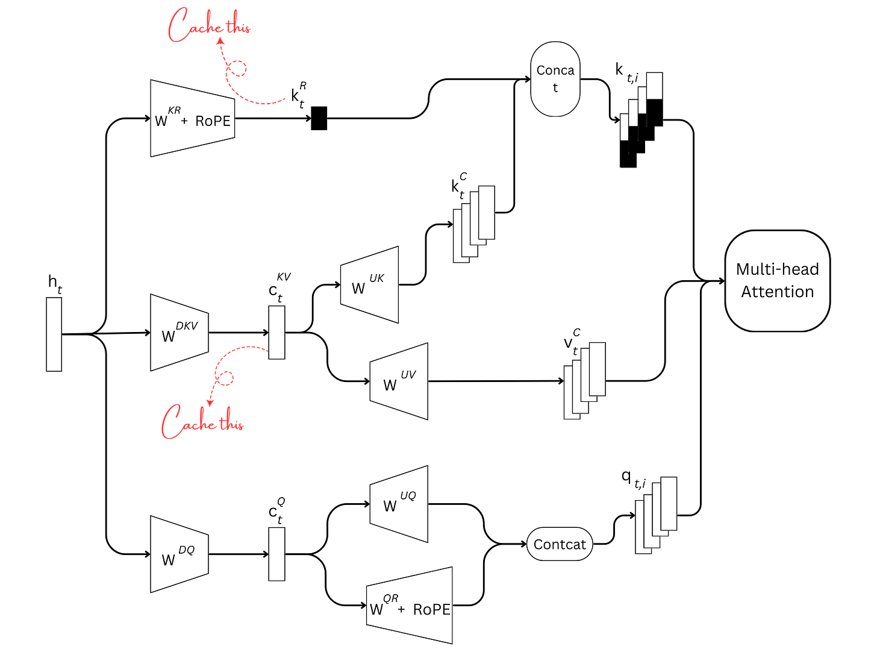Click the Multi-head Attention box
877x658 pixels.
[x=777, y=281]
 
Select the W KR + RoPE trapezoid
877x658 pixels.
[x=192, y=119]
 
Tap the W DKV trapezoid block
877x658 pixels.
[x=179, y=333]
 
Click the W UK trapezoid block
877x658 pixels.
[x=369, y=284]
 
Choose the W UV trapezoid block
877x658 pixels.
[x=399, y=381]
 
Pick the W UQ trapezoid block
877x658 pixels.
[x=399, y=503]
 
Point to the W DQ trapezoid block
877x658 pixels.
[x=179, y=554]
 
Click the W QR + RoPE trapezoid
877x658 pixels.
[x=410, y=606]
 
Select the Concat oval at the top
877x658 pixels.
[x=555, y=79]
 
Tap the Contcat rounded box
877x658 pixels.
[x=560, y=544]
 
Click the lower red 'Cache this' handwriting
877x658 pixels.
[x=202, y=421]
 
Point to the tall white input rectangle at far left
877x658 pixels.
[x=54, y=334]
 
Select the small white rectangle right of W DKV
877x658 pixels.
[x=277, y=333]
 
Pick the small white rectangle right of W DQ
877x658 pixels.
[x=277, y=554]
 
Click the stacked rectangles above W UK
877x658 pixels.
[x=475, y=224]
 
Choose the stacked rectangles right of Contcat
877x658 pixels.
[x=656, y=514]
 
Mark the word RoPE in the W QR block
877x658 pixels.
[x=431, y=609]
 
